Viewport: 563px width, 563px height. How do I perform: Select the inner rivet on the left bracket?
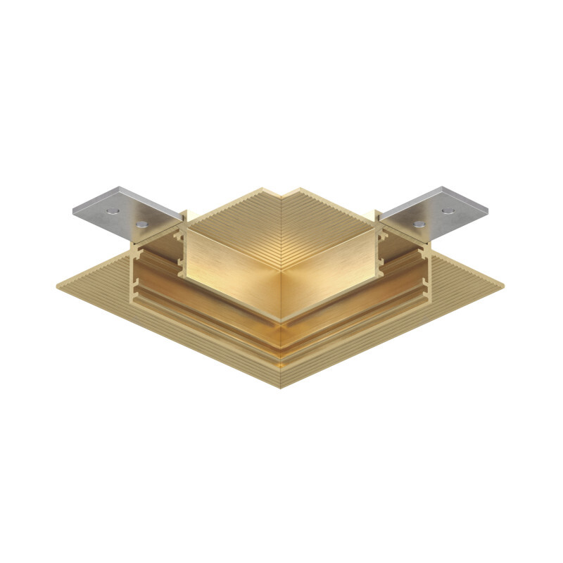point(144,224)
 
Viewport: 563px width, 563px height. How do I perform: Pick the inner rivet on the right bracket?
point(420,223)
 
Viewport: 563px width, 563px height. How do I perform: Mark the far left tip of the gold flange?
point(58,285)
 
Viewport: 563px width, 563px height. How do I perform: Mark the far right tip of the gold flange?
point(503,285)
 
